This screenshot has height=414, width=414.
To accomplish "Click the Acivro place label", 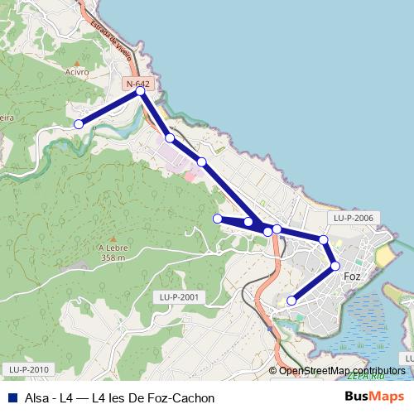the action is point(75,72).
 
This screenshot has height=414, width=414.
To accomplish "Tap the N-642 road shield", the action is point(137,84).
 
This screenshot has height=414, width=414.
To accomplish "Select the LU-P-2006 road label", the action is point(354,218).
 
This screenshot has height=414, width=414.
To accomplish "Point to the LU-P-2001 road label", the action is point(179,296).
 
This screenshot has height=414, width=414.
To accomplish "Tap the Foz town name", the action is point(351,276).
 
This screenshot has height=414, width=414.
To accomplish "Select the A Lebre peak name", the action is point(111,248).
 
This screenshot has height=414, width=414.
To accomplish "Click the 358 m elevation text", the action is point(111,258).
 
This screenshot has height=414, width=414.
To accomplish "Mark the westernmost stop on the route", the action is point(79,124).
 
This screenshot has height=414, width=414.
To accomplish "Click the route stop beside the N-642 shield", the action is point(141,91).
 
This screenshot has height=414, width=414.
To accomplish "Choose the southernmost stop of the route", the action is point(291,301).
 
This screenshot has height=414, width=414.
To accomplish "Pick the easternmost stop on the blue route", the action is point(335,266).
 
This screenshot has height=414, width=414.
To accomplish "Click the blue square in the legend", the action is point(11,397).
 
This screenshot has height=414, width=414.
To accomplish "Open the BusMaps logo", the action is point(374,397).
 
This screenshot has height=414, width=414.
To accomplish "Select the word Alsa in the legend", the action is point(36,397).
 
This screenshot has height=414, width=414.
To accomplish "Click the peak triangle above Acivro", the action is point(76,63).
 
